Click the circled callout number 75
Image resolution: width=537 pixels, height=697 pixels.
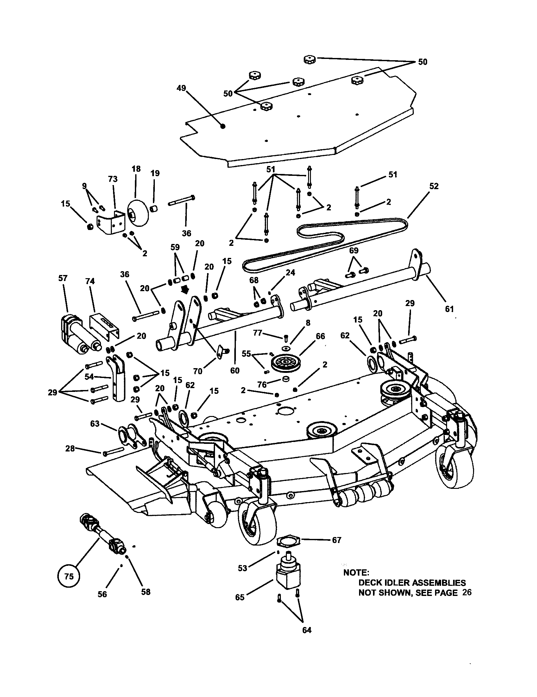(69, 576)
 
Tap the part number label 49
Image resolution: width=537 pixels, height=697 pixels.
(181, 88)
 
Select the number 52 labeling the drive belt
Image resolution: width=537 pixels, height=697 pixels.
(434, 186)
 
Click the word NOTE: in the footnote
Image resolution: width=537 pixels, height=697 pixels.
(356, 572)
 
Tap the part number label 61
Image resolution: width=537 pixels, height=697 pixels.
(449, 309)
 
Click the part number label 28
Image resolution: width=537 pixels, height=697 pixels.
(70, 448)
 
